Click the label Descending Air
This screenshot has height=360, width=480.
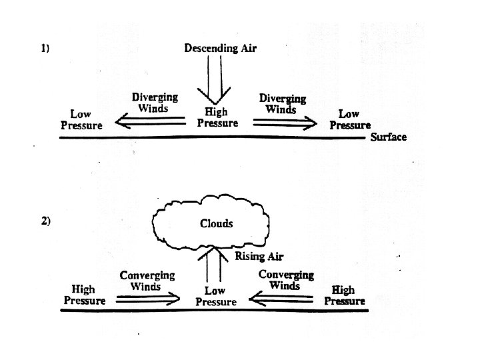point(219,48)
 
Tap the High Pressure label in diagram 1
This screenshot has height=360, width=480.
point(217,117)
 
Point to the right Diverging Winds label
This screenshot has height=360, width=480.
point(282,103)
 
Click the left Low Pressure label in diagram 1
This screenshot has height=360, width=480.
point(81,120)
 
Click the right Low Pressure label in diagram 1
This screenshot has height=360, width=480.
point(350,119)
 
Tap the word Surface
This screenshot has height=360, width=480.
point(388,137)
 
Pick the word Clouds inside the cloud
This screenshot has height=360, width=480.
point(217,223)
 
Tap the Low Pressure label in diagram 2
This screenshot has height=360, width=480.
point(215,296)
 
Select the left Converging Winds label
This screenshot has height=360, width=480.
point(147,280)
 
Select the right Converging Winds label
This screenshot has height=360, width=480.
point(285,279)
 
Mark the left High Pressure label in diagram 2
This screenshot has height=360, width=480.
point(84,295)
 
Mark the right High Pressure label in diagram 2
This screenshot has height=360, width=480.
point(344,295)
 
